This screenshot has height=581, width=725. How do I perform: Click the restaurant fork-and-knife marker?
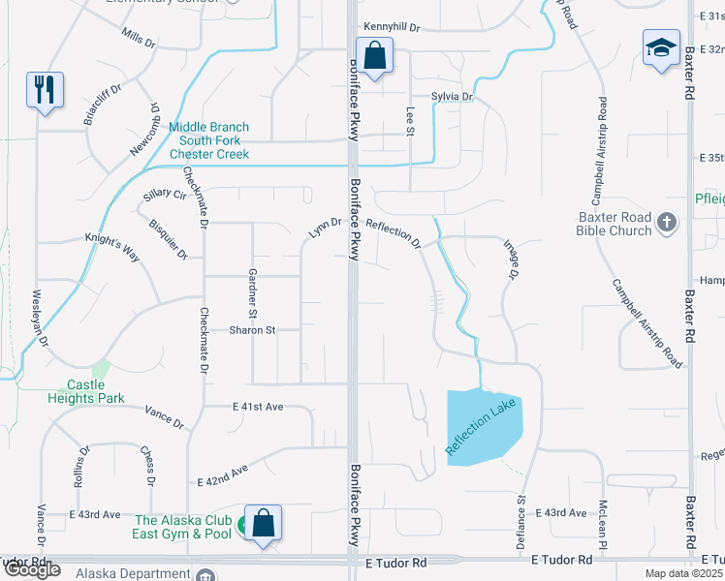(45, 90)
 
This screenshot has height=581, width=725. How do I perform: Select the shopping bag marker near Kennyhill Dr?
(373, 54)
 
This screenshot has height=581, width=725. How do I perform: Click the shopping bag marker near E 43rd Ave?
(263, 523)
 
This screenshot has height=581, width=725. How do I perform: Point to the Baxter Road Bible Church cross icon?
(666, 224)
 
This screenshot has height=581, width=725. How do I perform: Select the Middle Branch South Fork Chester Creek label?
(208, 140)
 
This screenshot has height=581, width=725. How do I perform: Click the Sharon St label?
(253, 330)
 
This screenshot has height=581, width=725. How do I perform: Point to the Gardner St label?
(252, 293)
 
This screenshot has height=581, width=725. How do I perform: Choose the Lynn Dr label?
(325, 228)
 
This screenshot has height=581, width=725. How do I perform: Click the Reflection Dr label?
(393, 233)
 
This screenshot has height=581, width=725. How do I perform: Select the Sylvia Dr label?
(452, 97)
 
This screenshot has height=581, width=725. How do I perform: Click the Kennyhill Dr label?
(394, 28)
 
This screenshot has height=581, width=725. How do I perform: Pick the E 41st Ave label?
(258, 407)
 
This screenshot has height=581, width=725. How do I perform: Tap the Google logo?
(32, 569)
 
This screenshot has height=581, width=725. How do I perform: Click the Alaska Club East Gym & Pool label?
(183, 527)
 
